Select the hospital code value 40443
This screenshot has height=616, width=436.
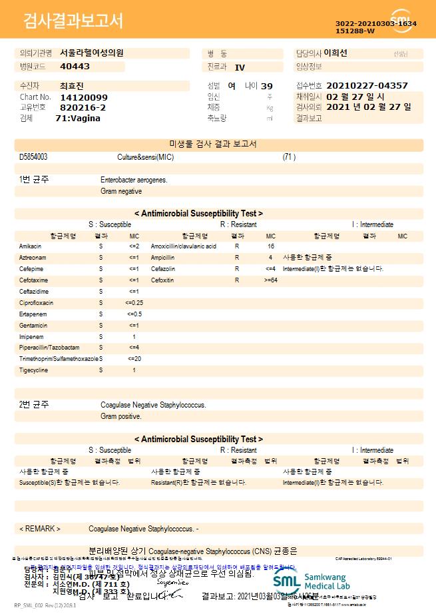[75, 67]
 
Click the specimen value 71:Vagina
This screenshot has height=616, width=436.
[78, 118]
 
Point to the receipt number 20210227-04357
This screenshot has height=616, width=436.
[368, 86]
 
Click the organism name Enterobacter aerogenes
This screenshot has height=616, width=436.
[134, 180]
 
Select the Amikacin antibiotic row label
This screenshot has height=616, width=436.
[30, 246]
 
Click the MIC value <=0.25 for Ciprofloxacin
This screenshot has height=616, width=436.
[134, 302]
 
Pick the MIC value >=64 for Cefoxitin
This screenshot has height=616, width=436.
[270, 280]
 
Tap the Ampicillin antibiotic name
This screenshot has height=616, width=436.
[163, 258]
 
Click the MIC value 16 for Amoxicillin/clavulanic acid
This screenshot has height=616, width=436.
[271, 246]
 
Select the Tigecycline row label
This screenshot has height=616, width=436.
[33, 370]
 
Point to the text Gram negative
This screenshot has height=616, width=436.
[121, 192]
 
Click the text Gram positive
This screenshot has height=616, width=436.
[121, 417]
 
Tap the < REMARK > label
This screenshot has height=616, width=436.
[40, 529]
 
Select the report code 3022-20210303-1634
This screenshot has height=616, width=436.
[376, 23]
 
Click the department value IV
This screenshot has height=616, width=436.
[240, 67]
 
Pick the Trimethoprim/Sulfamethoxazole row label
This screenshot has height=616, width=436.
[59, 359]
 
